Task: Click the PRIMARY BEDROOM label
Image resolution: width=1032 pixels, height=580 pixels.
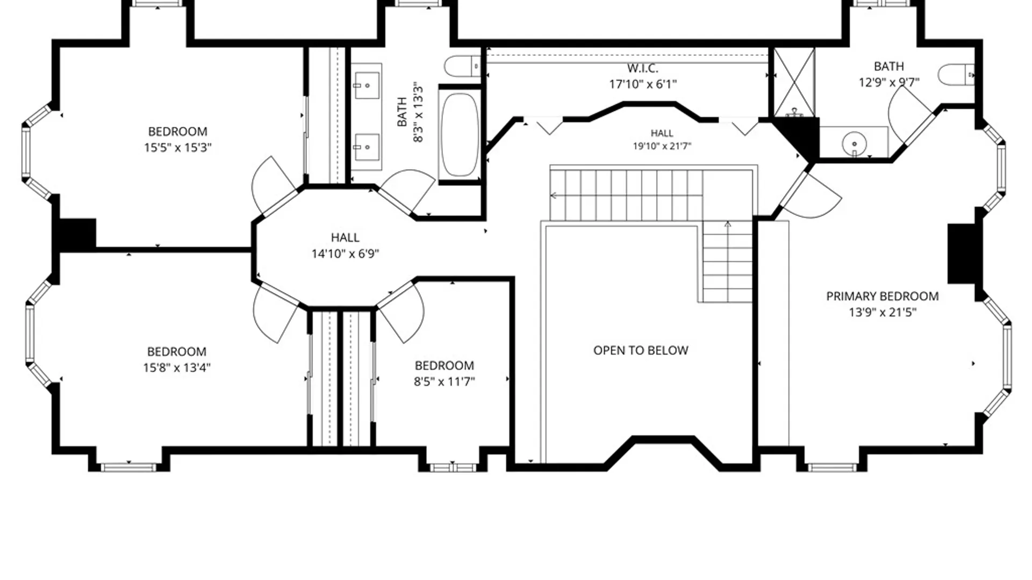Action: (x=882, y=296)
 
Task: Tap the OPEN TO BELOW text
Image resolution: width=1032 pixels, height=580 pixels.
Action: (x=641, y=350)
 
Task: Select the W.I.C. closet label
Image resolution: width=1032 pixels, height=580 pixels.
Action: (x=642, y=68)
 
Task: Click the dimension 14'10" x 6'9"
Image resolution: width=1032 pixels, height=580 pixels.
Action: (x=345, y=253)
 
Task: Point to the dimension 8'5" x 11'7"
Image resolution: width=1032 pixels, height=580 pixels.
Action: (x=444, y=381)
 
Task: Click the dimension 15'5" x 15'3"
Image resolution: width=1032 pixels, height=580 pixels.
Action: (x=177, y=147)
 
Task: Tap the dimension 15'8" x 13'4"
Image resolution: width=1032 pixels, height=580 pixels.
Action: (x=176, y=367)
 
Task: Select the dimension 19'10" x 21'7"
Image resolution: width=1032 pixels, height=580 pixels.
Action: (x=662, y=146)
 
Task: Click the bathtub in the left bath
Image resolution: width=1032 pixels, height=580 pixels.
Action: (x=460, y=134)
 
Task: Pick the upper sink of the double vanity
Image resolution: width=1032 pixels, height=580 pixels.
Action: (x=367, y=85)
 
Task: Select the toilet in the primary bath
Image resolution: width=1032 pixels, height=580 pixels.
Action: (x=956, y=75)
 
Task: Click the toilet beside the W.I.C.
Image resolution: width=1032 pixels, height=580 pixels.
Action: (x=463, y=66)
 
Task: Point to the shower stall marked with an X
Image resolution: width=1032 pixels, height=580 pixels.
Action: (x=794, y=83)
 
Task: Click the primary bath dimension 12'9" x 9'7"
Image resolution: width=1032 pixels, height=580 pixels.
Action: (x=888, y=82)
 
